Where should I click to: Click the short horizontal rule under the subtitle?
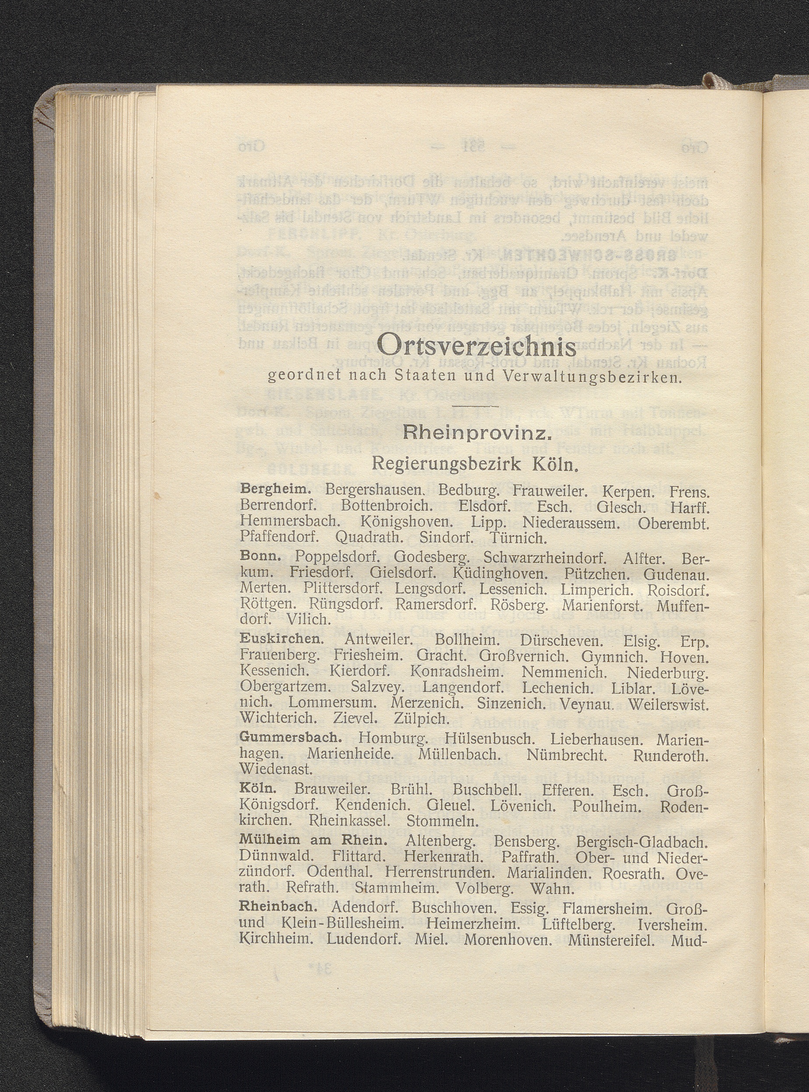475,406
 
